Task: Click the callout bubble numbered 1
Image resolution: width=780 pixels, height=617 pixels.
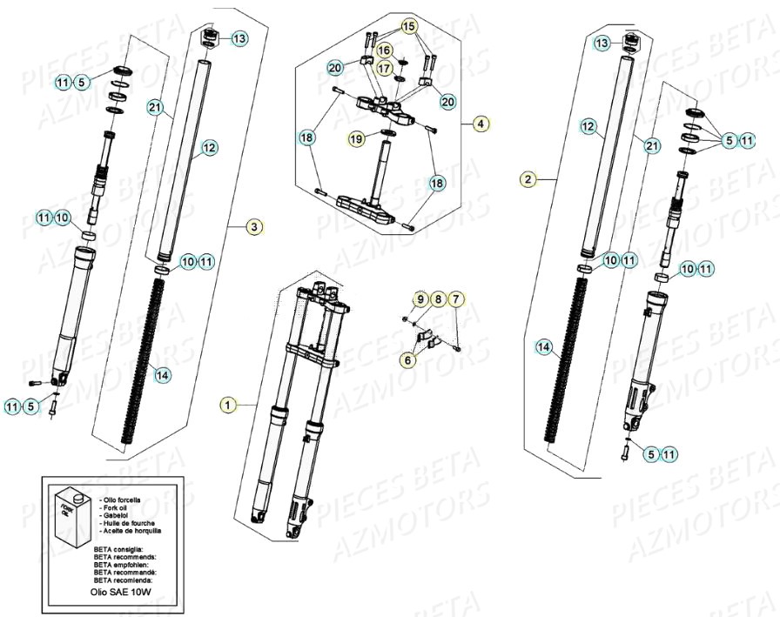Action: click(x=227, y=405)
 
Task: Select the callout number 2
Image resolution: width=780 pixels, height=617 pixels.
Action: click(x=527, y=180)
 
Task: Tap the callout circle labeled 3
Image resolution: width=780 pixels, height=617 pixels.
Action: click(x=253, y=227)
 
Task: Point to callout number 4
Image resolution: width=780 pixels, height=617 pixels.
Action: click(x=480, y=124)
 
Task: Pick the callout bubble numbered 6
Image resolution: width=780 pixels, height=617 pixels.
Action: click(x=407, y=358)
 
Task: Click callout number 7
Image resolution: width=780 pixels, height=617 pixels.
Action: click(x=458, y=300)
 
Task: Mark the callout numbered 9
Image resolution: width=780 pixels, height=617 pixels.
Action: click(x=420, y=300)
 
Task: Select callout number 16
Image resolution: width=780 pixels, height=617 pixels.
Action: click(x=384, y=50)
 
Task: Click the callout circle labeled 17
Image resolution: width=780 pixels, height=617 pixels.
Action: click(x=384, y=68)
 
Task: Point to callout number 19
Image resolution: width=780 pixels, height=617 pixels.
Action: click(x=356, y=138)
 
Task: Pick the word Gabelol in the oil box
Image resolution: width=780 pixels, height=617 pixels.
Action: click(x=117, y=514)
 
